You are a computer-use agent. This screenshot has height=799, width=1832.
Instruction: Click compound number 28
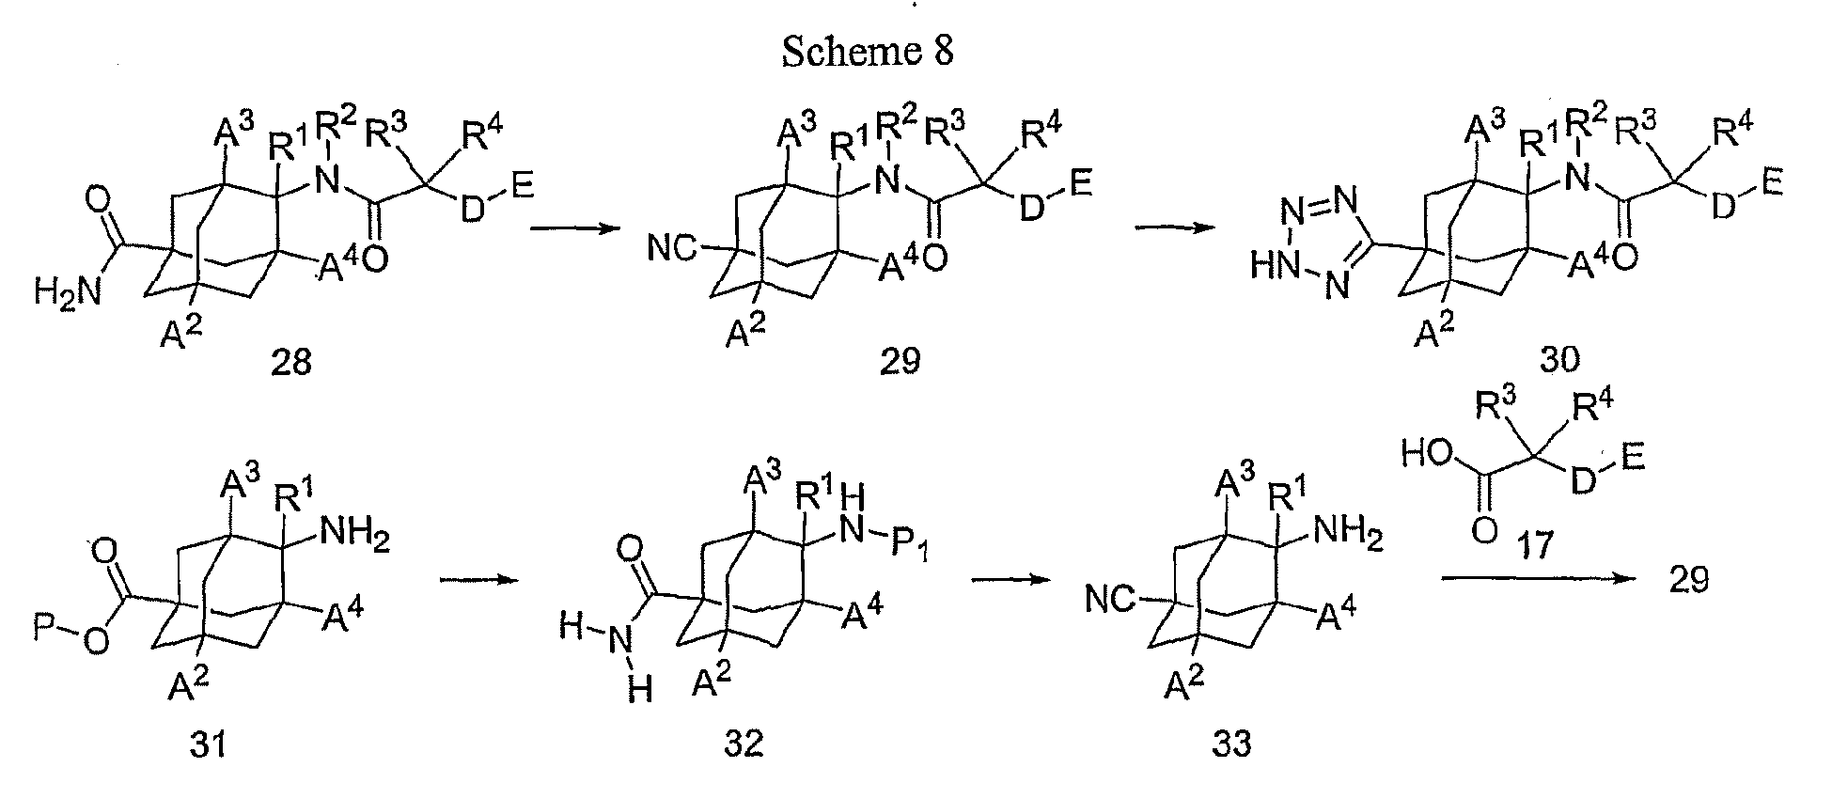[290, 361]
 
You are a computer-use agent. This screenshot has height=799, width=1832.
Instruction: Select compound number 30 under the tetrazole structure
[1560, 359]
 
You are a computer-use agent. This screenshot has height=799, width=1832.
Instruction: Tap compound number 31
[206, 744]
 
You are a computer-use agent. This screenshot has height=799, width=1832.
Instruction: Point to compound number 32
[744, 744]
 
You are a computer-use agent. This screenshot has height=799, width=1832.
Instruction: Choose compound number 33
[1230, 744]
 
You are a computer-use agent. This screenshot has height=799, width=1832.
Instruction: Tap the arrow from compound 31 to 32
[479, 580]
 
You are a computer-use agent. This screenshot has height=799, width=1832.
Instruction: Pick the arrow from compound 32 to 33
[1010, 580]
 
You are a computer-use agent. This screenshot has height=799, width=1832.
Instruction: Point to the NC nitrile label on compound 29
[674, 250]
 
